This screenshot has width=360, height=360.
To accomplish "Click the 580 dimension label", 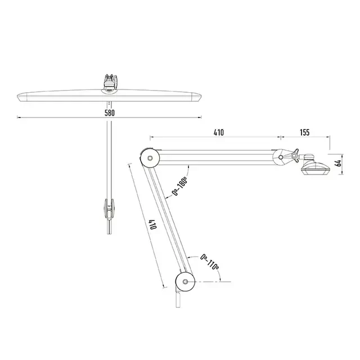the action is (x=110, y=113).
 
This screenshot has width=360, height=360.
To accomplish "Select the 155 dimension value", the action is (x=304, y=133).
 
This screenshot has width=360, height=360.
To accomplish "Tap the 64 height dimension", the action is (x=338, y=163).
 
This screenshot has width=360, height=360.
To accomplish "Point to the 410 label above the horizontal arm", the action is (x=218, y=133).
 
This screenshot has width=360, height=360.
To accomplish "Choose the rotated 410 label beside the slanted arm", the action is (x=152, y=224).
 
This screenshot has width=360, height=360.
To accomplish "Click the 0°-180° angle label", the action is (x=180, y=186).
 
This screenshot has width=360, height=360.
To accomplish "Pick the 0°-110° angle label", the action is (x=209, y=262).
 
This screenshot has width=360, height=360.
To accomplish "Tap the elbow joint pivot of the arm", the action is (x=150, y=158).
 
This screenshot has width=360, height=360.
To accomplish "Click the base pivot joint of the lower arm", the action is (x=185, y=282).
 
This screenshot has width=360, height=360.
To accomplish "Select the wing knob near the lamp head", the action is (x=294, y=155).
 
